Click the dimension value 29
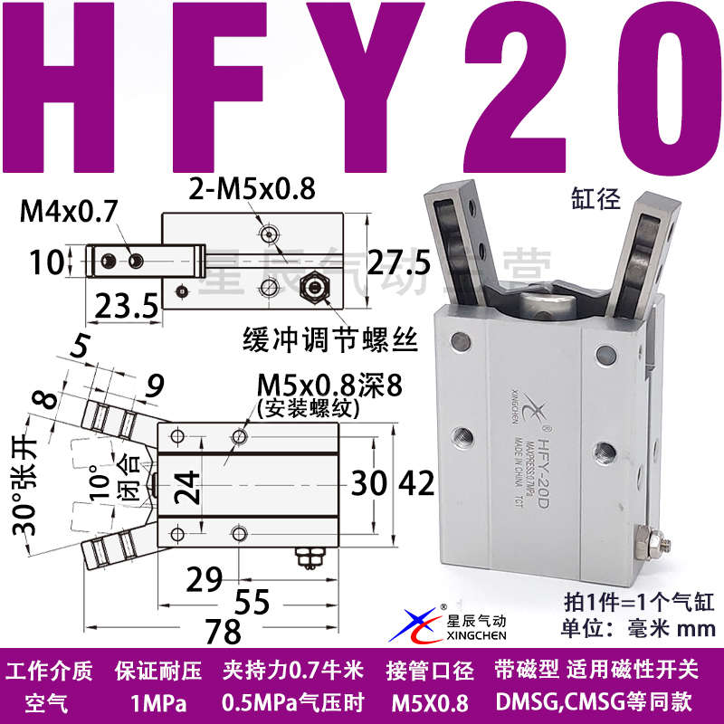pyautogui.click(x=205, y=576)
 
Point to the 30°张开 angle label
pyautogui.click(x=27, y=484)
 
